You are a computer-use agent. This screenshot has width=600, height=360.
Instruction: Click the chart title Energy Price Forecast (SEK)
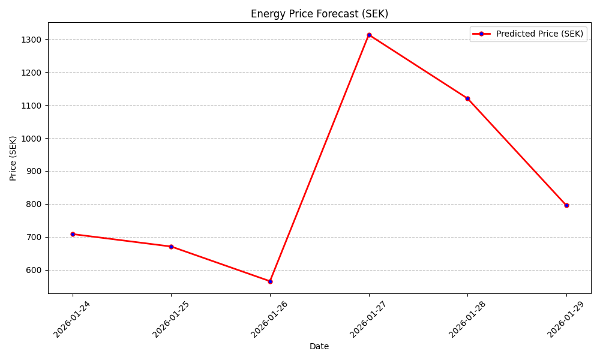319,14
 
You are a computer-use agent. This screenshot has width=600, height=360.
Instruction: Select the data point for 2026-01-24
73,234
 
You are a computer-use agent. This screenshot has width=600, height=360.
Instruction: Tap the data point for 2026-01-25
171,247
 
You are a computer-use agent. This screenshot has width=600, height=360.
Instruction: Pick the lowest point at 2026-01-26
270,281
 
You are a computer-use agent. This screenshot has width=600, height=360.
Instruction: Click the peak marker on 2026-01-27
369,35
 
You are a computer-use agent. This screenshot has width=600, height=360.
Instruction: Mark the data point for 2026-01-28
467,98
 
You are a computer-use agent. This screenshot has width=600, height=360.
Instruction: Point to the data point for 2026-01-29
566,205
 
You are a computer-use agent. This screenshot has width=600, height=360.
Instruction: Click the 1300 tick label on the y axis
32,40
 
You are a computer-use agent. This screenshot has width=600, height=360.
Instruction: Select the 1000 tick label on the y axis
32,139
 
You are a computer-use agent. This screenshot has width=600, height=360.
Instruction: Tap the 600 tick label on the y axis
35,270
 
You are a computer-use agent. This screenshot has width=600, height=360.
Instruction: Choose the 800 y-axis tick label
35,204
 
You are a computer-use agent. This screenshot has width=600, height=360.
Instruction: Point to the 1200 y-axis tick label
32,73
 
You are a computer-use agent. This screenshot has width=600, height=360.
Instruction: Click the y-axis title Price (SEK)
13,158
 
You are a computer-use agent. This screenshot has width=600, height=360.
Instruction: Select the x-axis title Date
319,346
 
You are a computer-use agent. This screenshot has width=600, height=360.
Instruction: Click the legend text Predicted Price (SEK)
539,34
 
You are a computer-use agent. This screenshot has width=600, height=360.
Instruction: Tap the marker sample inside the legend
481,34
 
